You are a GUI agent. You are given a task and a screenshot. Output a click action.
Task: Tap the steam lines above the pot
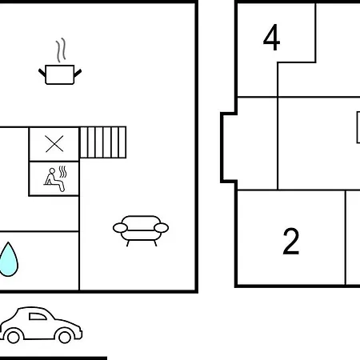(x=61, y=50)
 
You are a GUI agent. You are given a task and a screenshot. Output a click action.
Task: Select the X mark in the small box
(x=54, y=144)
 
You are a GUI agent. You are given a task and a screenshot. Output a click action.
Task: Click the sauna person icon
(x=54, y=179)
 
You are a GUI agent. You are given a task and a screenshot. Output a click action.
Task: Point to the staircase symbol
(x=103, y=142)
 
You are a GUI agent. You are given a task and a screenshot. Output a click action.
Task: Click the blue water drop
(x=9, y=259)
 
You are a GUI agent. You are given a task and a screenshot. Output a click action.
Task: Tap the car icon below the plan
(x=41, y=325)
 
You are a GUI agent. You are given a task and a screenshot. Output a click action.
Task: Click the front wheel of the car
(x=65, y=337)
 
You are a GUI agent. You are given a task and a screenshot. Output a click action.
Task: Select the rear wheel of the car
(x=14, y=337)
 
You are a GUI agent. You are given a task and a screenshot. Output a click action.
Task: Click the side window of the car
(x=38, y=317)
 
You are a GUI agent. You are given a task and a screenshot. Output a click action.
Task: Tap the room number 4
(x=271, y=38)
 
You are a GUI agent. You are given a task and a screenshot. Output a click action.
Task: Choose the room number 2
(x=291, y=242)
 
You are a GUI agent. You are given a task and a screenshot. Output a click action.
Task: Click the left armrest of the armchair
(x=120, y=228)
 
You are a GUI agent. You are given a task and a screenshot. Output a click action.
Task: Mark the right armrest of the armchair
(x=162, y=228)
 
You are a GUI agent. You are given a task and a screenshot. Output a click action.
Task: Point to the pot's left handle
(x=42, y=73)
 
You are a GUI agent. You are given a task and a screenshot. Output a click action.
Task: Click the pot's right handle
(x=78, y=73)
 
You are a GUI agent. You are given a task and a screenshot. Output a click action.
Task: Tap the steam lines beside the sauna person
(x=62, y=172)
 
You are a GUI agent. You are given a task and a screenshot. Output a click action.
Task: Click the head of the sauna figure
(x=52, y=171)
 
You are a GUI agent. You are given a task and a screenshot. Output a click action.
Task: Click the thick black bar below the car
(x=54, y=358)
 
